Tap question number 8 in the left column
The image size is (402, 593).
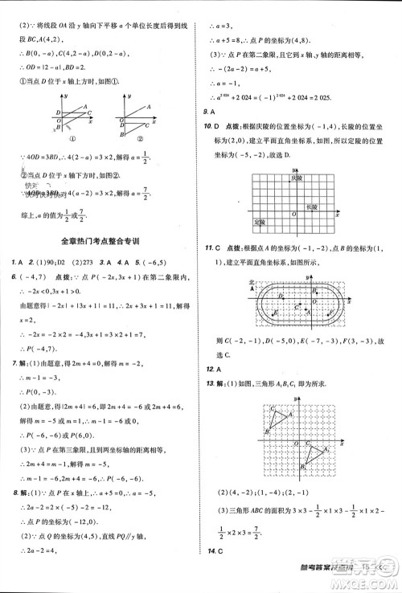pos(13,489)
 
